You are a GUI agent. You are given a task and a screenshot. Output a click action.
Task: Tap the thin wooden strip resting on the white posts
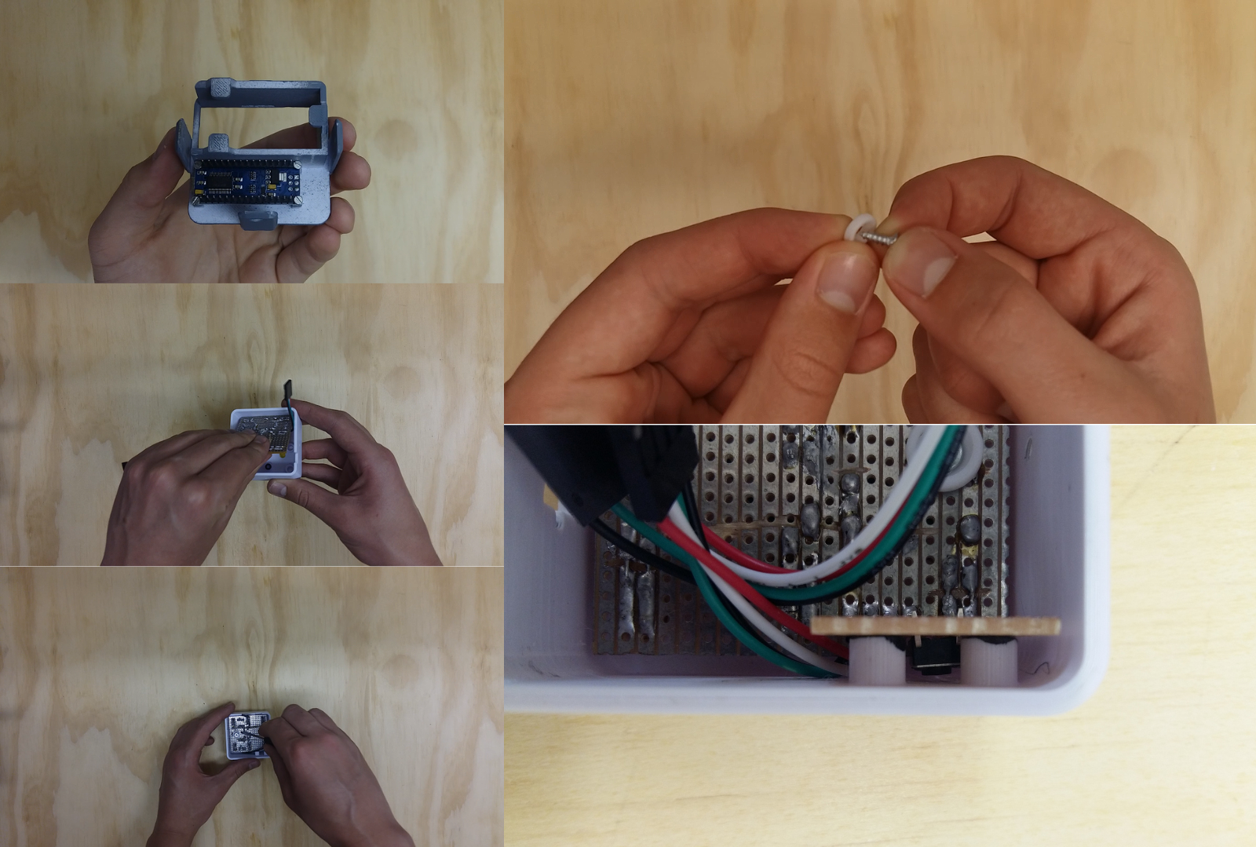934,626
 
